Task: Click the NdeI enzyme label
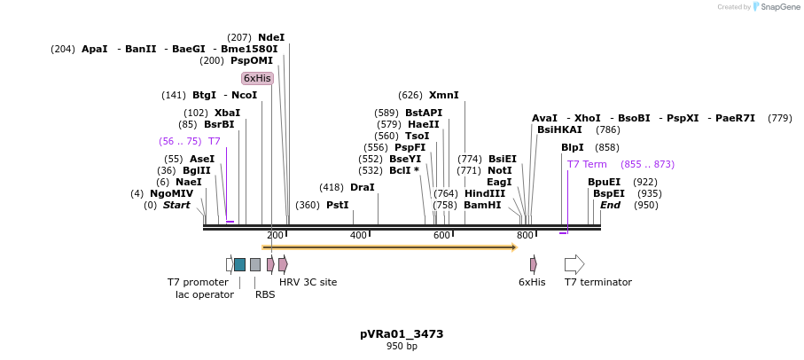[271, 37]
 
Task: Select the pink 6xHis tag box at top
[257, 78]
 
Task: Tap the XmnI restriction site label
[443, 95]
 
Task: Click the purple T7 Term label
[587, 164]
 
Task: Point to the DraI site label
[362, 187]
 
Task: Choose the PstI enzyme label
[337, 205]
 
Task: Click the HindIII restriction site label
[484, 193]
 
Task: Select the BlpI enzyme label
[573, 147]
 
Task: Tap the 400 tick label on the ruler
[358, 235]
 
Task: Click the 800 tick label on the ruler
[525, 235]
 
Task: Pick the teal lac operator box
[239, 264]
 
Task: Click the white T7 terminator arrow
[574, 264]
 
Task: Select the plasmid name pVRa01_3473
[402, 334]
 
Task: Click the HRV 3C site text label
[308, 282]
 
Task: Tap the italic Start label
[176, 205]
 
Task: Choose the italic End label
[610, 205]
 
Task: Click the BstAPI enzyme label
[423, 113]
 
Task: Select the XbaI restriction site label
[227, 113]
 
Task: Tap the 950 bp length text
[402, 346]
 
